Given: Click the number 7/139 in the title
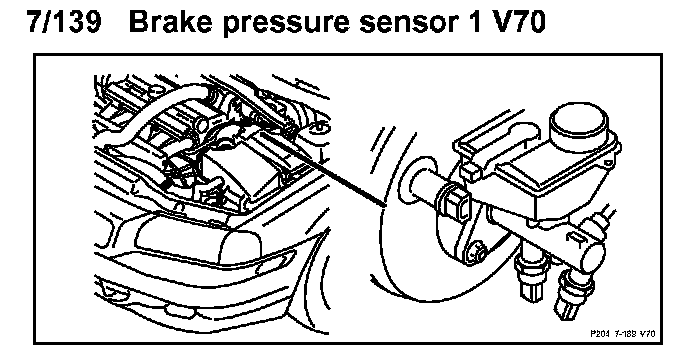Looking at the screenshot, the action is tap(64, 21).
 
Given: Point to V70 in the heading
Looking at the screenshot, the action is tap(519, 22).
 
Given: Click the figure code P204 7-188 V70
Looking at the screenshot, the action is tap(623, 334).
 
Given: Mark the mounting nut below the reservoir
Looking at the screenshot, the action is tap(476, 252).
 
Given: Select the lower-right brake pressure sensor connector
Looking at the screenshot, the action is tap(567, 295).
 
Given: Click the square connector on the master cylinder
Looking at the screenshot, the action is tap(456, 203).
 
